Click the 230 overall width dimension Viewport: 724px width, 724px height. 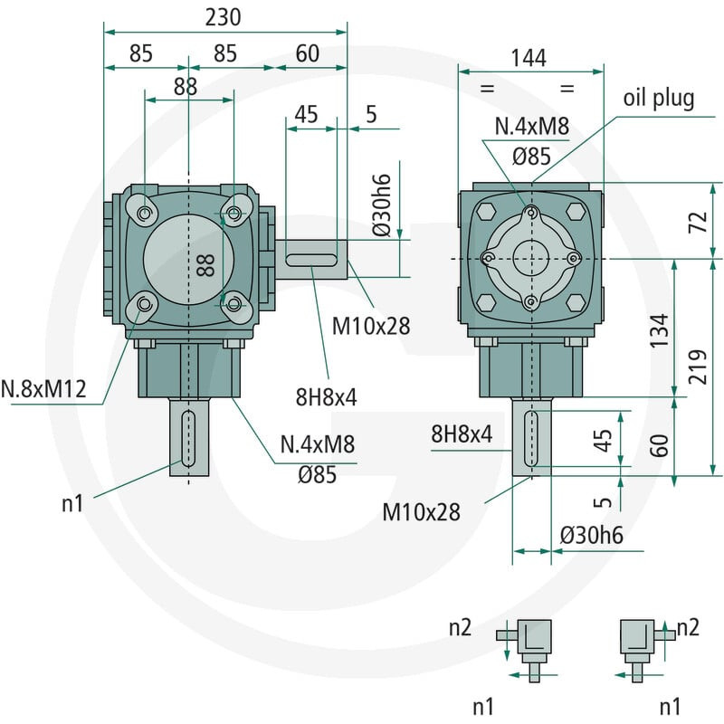pyautogui.click(x=223, y=17)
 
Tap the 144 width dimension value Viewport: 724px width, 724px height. pyautogui.click(x=529, y=58)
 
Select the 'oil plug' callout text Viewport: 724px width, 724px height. pyautogui.click(x=659, y=99)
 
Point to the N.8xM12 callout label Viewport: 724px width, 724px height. pyautogui.click(x=43, y=389)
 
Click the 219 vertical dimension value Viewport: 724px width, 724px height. pyautogui.click(x=699, y=367)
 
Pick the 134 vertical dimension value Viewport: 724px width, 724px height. pyautogui.click(x=660, y=330)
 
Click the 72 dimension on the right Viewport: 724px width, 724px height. pyautogui.click(x=699, y=222)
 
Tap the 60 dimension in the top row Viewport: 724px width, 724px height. pyautogui.click(x=307, y=53)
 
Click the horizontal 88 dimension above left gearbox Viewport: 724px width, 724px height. pyautogui.click(x=186, y=87)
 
